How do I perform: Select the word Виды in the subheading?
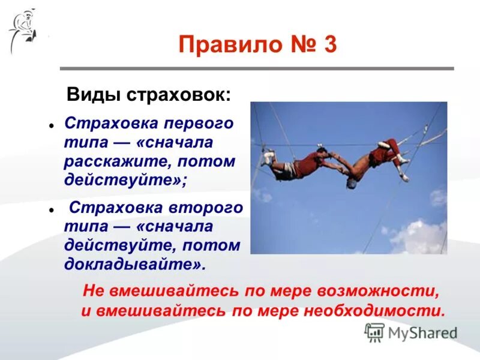(x=88, y=95)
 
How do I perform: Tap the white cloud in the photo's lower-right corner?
(x=420, y=237)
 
